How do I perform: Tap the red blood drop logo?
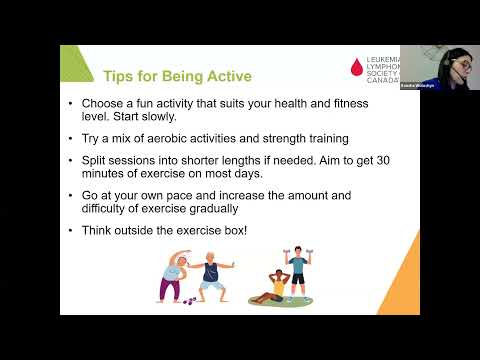(357, 67)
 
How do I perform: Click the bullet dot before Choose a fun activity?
(70, 104)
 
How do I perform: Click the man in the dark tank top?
(211, 277)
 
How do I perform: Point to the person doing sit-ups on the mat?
(274, 289)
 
